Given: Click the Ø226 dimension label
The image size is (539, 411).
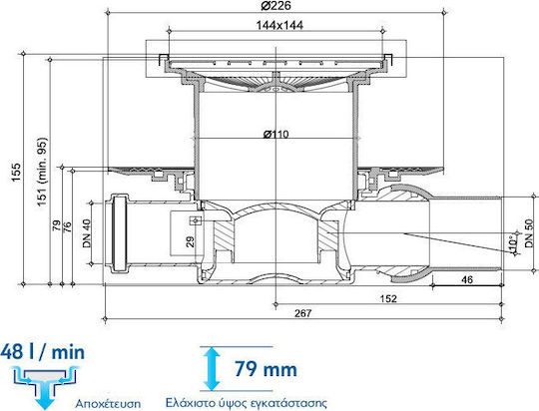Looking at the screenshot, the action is click(275, 6).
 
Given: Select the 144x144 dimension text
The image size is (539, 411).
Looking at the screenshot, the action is click(279, 25).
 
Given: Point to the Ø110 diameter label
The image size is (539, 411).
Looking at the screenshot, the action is click(275, 134).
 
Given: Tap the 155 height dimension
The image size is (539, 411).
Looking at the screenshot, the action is click(16, 173).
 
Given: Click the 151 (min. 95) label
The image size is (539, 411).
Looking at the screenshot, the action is click(42, 172).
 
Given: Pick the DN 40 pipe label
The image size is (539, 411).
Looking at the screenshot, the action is click(87, 233).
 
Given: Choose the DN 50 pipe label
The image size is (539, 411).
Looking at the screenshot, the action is click(529, 233).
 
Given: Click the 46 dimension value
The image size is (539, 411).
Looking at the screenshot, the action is click(467, 279).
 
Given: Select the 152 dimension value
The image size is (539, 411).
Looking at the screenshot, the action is click(388, 298).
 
